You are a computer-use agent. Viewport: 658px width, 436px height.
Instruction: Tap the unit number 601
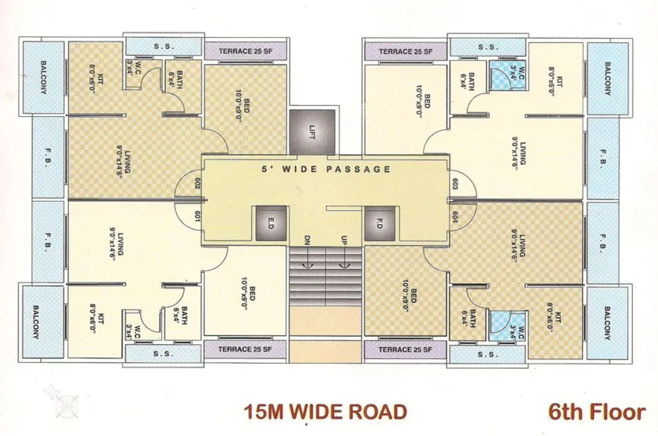[196, 216]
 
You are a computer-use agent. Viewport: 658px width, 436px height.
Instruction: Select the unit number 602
[196, 184]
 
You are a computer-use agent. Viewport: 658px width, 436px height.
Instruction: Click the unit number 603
[455, 184]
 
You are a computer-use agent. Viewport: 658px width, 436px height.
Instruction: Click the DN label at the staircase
[307, 240]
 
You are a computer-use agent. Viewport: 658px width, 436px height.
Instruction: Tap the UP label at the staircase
[343, 240]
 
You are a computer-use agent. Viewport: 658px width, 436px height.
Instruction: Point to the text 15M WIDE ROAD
[325, 411]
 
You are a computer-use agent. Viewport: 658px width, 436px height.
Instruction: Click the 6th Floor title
[597, 411]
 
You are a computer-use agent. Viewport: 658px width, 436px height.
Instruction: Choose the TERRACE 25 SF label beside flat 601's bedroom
[245, 350]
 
